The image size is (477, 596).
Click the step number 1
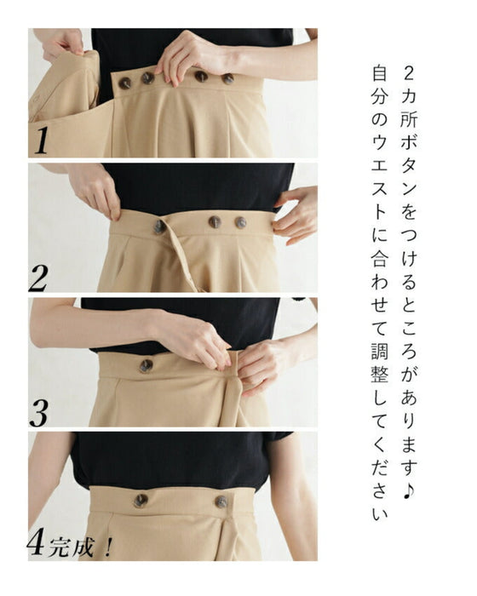[41, 140]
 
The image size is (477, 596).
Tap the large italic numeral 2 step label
[38, 278]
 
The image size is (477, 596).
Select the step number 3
[38, 413]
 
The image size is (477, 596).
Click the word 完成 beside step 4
[71, 547]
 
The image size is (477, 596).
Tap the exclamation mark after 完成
[107, 547]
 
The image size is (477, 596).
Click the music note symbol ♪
[408, 490]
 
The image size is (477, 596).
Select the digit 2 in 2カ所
[408, 72]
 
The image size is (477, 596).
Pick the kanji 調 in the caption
[380, 351]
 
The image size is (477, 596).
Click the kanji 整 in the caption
[380, 374]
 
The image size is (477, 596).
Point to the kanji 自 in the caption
[380, 72]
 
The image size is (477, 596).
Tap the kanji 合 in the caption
[380, 258]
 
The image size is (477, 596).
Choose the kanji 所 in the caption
[408, 118]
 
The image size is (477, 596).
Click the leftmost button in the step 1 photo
[124, 83]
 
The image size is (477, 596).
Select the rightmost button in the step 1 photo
[227, 78]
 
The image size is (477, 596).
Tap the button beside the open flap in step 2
[159, 227]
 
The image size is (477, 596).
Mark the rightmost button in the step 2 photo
[240, 223]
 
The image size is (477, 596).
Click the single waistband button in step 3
[146, 365]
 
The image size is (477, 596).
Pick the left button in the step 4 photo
[141, 501]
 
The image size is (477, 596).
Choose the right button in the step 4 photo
[221, 501]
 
